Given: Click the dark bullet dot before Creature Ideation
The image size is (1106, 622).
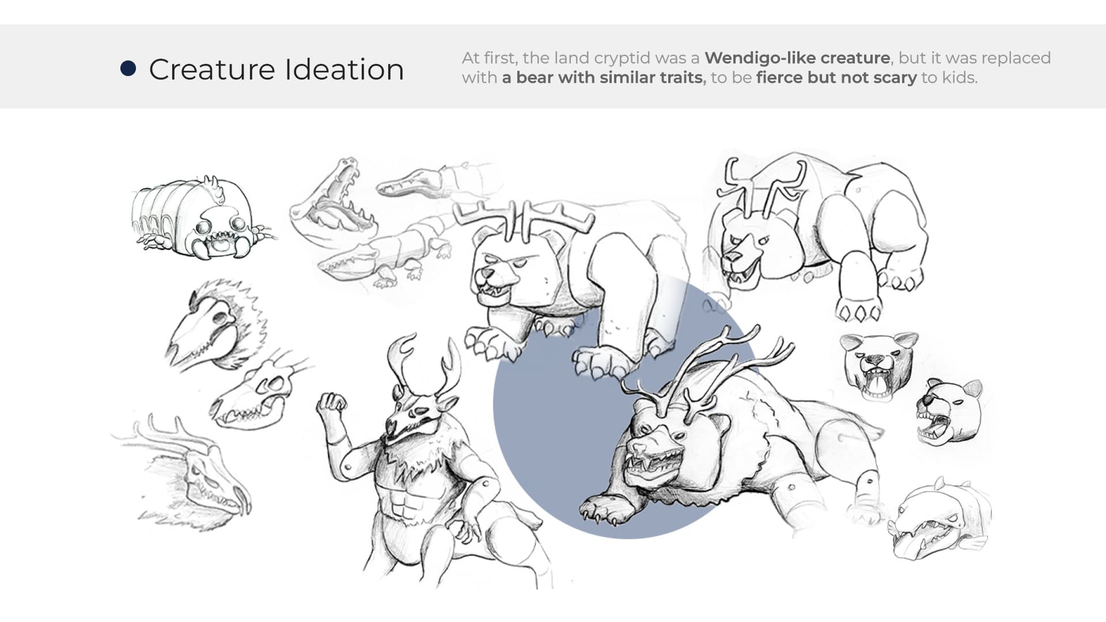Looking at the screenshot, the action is (x=128, y=69).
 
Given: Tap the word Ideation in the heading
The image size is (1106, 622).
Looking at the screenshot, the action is (x=344, y=70).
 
